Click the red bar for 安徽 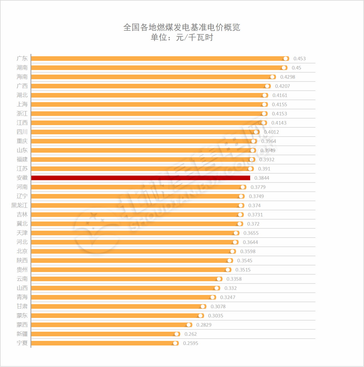[x=141, y=178]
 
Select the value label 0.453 [x=299, y=59]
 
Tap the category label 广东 [x=22, y=59]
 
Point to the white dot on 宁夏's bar [x=175, y=343]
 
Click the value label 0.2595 [x=190, y=343]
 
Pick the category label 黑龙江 [x=20, y=205]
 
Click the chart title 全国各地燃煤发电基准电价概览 [x=182, y=27]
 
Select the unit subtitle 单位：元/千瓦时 [x=182, y=38]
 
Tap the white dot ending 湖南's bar [x=284, y=68]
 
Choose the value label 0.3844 [x=262, y=178]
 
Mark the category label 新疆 [x=22, y=334]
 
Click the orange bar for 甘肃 [x=115, y=306]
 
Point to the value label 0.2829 [x=204, y=325]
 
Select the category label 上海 [x=22, y=104]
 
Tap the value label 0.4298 [x=288, y=77]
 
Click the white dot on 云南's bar [x=219, y=279]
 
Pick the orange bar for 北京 [x=129, y=251]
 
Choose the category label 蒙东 [x=22, y=316]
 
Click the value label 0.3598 [x=248, y=251]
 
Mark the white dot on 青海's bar [x=212, y=297]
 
